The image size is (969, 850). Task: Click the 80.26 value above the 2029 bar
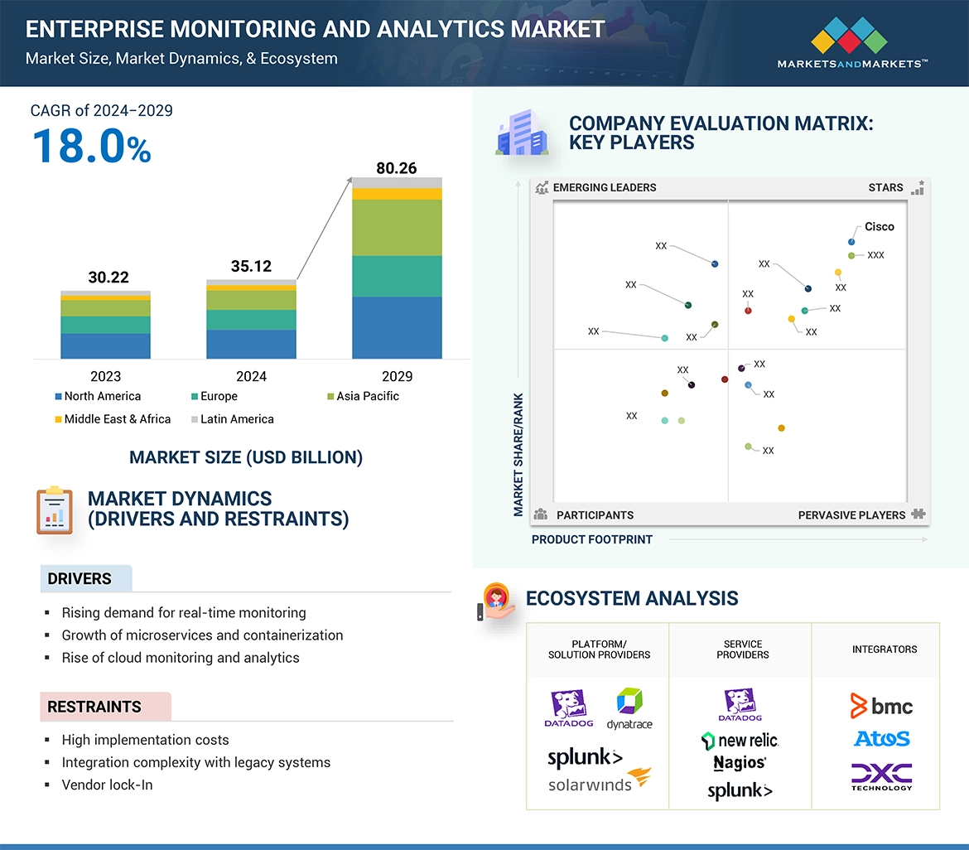coord(397,168)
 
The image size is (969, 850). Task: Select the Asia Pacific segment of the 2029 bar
coord(397,227)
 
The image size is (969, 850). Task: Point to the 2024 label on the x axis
coord(251,376)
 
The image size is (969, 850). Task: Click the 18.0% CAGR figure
coord(91,146)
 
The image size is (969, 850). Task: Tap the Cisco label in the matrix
coord(880,226)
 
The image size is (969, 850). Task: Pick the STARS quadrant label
coord(885,187)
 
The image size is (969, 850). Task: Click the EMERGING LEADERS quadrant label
coord(604,187)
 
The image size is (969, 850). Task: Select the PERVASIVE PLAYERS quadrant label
coord(851,514)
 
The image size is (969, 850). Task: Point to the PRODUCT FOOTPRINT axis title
coord(592,539)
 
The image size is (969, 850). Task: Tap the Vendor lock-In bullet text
coord(107,785)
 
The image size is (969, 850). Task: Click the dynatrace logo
coord(629,709)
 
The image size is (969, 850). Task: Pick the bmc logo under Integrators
coord(881,706)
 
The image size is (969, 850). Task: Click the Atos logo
coord(881,738)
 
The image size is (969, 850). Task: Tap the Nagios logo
coord(740,762)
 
